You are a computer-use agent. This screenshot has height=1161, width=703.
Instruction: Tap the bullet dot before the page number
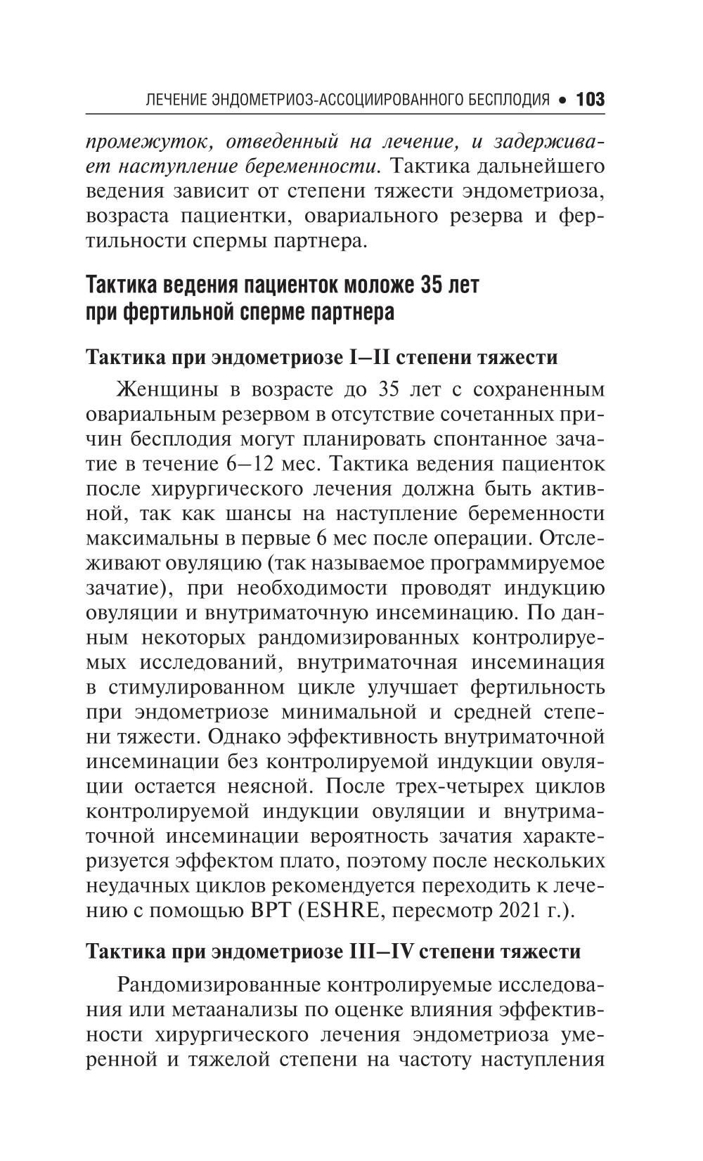[562, 100]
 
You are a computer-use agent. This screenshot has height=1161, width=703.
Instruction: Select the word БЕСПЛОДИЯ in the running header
[509, 99]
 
